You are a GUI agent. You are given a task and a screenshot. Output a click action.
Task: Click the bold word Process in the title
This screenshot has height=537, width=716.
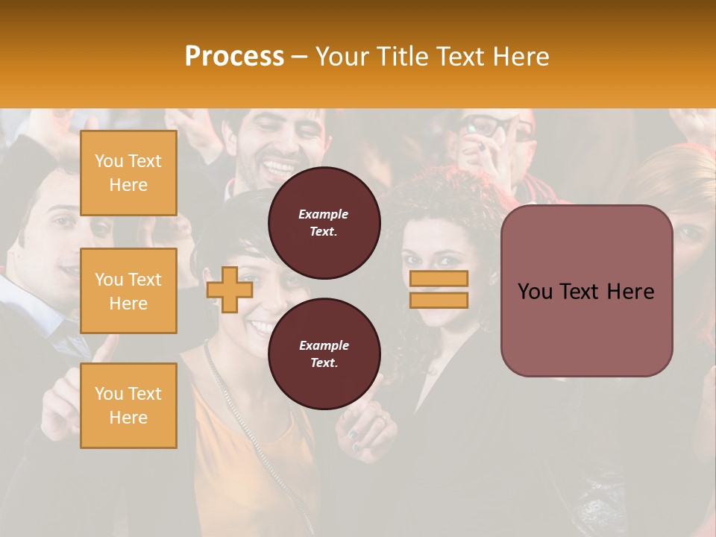point(234,57)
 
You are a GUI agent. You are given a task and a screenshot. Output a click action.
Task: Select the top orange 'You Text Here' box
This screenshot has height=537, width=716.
point(128,173)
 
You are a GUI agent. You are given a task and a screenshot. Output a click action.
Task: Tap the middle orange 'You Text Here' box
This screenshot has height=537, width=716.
point(128,291)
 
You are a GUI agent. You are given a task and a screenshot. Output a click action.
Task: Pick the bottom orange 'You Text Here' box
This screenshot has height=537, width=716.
point(128,406)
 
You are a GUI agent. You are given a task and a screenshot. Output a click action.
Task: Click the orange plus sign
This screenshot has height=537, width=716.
point(230,289)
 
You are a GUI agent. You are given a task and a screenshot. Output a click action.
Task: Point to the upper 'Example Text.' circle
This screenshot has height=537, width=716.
point(324,223)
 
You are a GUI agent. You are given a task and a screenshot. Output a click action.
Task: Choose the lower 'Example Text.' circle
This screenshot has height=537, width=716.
point(324,354)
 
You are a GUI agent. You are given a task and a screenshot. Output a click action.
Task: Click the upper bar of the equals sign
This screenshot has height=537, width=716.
point(439,279)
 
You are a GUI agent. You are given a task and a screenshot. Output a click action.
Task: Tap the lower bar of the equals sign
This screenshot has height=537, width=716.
point(439,301)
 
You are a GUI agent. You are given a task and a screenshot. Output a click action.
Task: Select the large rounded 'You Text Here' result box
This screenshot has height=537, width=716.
point(586,291)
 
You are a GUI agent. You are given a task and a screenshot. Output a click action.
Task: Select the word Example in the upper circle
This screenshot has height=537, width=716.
point(324,214)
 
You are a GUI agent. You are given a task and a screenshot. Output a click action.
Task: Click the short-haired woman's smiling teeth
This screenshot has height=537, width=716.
point(262,326)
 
